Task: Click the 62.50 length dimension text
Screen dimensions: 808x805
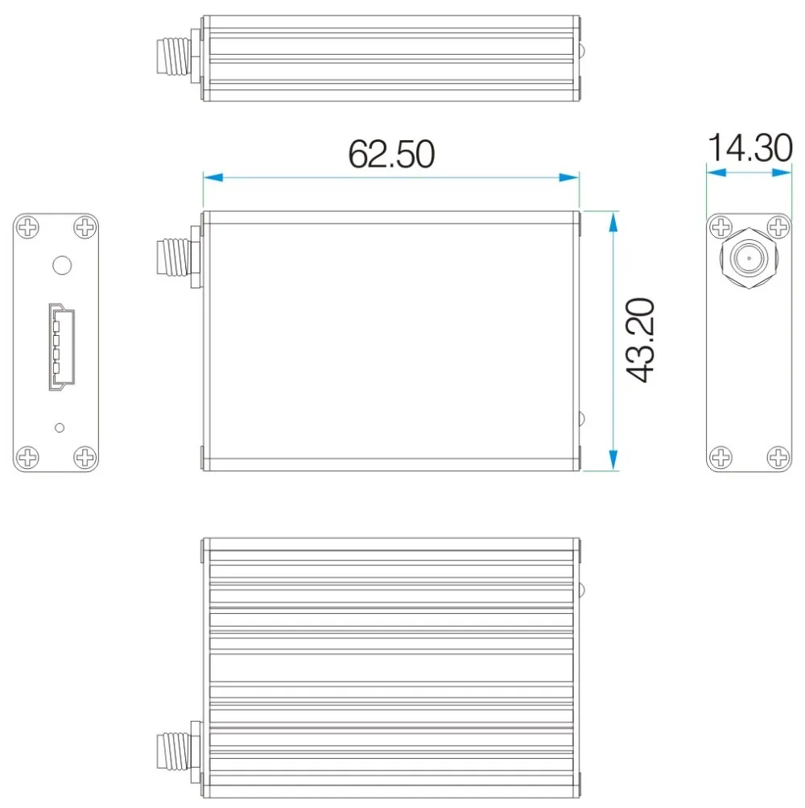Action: click(x=391, y=154)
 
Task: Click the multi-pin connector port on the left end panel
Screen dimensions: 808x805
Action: click(x=58, y=347)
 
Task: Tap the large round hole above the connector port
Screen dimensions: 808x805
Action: click(x=60, y=265)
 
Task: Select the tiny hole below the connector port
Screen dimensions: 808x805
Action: click(x=58, y=426)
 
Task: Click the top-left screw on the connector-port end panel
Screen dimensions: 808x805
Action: click(x=28, y=227)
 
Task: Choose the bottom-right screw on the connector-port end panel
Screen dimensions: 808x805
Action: click(x=85, y=458)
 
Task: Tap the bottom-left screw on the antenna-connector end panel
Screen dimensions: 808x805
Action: click(x=720, y=458)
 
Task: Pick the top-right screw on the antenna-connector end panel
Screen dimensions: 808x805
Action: click(x=777, y=227)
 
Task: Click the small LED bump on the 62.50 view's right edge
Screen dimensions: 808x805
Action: click(x=583, y=419)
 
